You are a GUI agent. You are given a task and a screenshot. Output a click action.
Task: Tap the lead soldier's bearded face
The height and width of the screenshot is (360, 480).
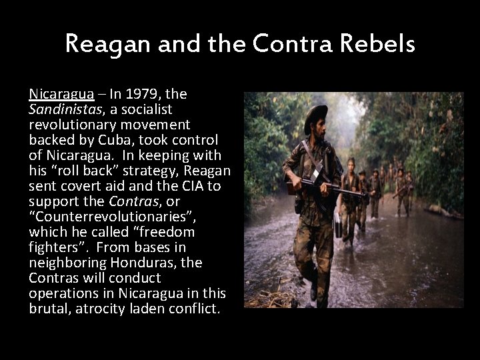(317, 130)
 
